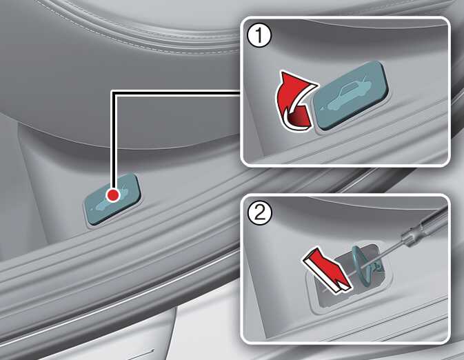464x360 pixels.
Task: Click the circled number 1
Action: coord(259,36)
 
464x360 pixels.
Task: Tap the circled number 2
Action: coord(259,213)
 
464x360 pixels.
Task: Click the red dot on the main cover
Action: coord(113,195)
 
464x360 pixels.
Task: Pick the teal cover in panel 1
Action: coord(351,94)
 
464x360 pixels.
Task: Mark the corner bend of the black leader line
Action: coord(114,93)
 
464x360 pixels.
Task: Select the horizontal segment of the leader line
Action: coord(176,93)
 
